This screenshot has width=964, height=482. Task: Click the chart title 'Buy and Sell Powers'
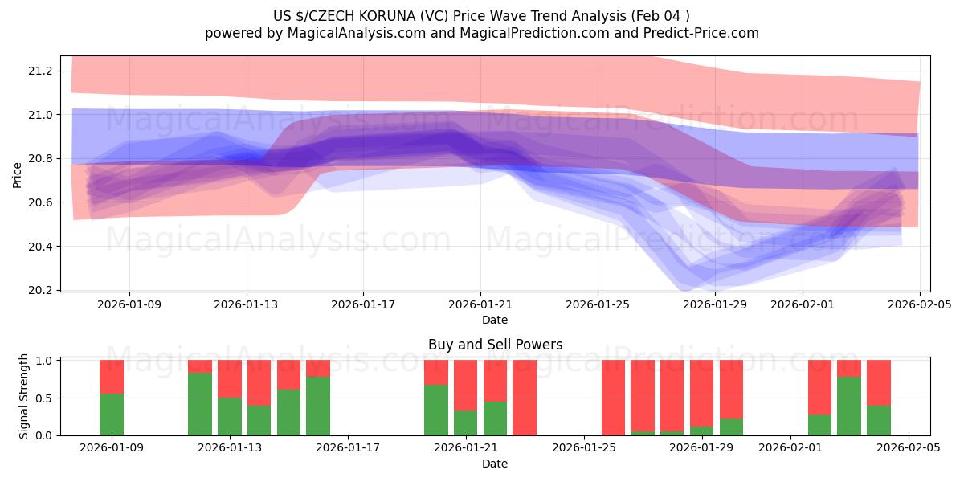495,345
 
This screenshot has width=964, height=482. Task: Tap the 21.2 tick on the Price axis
40,71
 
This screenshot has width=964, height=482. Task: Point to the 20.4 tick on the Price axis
40,247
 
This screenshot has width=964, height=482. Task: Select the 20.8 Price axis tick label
40,159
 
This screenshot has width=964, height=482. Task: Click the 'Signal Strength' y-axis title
24,396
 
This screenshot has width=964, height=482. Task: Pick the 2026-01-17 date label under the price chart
363,305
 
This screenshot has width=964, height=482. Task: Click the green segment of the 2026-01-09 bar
112,415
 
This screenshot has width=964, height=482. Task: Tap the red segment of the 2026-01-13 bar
230,378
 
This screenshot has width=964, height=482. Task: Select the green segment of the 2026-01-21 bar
466,423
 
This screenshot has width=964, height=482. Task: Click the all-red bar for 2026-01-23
525,398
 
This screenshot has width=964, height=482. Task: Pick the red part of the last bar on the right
879,382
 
